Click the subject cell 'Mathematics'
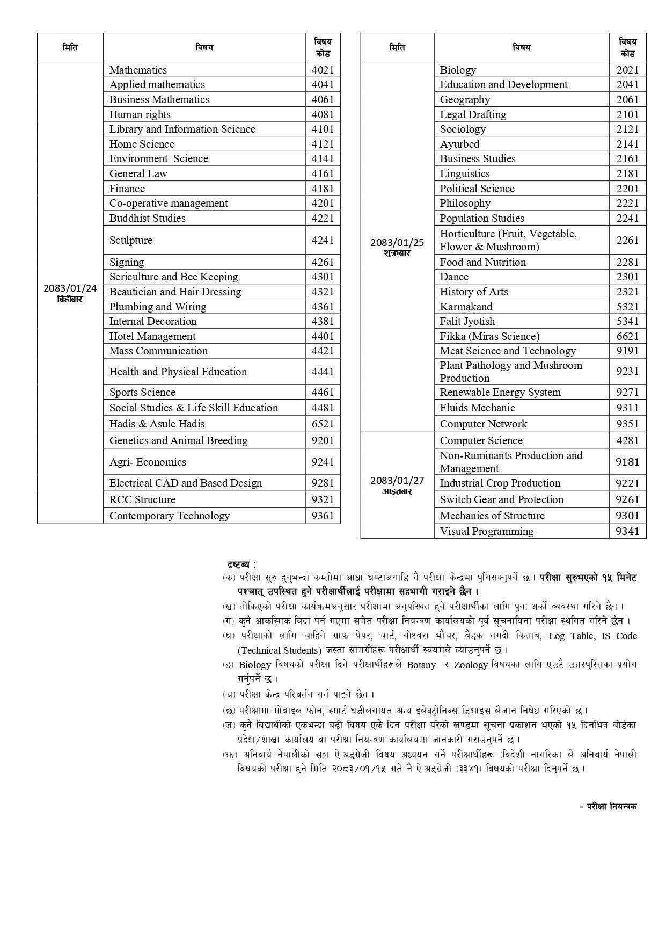tap(138, 70)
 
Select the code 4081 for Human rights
tap(323, 114)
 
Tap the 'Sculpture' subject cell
tap(131, 240)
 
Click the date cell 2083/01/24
tap(70, 292)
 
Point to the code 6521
tap(323, 424)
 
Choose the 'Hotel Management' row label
tap(152, 336)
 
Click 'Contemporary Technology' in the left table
tap(170, 516)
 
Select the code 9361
tap(323, 516)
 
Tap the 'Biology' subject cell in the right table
tap(458, 70)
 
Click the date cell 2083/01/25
tap(397, 247)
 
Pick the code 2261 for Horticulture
tap(627, 240)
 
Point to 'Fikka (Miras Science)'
tap(489, 336)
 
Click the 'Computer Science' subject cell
tap(481, 440)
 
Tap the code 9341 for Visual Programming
tap(627, 531)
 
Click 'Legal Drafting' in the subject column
tap(473, 114)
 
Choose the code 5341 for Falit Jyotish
tap(627, 321)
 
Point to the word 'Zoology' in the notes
tap(471, 665)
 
